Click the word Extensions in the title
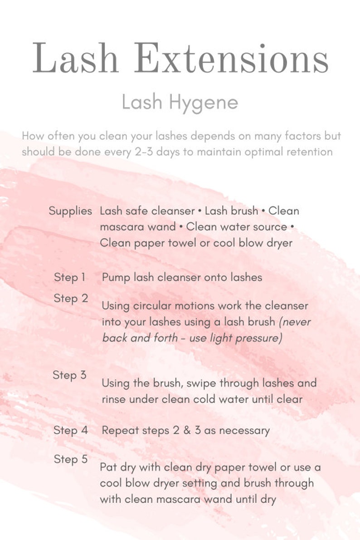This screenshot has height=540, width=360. pos(231,58)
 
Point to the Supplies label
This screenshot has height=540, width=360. pos(70,211)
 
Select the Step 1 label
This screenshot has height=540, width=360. pos(69,277)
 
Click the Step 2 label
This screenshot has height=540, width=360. pos(71,299)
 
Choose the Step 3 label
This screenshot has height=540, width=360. pos(69,375)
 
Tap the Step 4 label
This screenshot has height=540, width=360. pos(71,430)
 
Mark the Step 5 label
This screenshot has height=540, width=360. pos(71,459)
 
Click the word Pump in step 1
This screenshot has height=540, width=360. pos(116,278)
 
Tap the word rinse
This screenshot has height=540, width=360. pos(114,400)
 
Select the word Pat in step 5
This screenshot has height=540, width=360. pos(109,467)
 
